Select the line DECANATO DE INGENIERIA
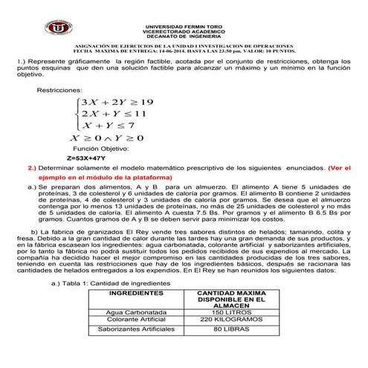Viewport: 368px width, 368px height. [184, 37]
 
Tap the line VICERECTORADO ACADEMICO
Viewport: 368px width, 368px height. [184, 32]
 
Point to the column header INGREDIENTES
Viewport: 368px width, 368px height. [136, 295]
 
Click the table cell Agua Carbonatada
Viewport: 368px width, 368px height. [136, 312]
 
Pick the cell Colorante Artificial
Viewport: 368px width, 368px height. [136, 319]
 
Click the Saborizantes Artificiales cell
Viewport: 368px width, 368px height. [136, 328]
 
